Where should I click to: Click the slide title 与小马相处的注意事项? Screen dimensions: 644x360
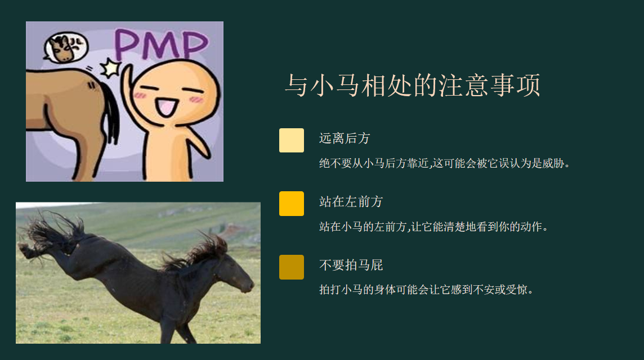pyautogui.click(x=413, y=85)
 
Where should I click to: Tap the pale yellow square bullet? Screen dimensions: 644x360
pyautogui.click(x=292, y=141)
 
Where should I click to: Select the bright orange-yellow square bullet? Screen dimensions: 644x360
pyautogui.click(x=292, y=204)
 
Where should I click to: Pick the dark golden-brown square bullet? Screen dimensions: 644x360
pyautogui.click(x=292, y=267)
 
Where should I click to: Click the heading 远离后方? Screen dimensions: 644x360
pyautogui.click(x=345, y=138)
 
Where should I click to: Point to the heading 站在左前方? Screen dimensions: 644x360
pyautogui.click(x=351, y=201)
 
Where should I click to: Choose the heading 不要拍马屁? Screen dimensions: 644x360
pyautogui.click(x=351, y=265)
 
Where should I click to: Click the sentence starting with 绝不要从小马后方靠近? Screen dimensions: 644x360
pyautogui.click(x=445, y=163)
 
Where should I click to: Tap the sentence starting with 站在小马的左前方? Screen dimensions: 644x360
pyautogui.click(x=433, y=227)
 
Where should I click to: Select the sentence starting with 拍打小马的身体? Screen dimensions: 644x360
pyautogui.click(x=426, y=290)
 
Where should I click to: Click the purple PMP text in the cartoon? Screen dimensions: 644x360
pyautogui.click(x=161, y=44)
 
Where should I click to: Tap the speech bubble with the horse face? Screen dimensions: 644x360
pyautogui.click(x=66, y=47)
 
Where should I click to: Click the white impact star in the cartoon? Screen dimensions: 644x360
pyautogui.click(x=111, y=67)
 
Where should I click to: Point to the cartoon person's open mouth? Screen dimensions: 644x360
pyautogui.click(x=166, y=107)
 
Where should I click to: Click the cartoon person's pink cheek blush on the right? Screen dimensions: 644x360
pyautogui.click(x=196, y=100)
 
